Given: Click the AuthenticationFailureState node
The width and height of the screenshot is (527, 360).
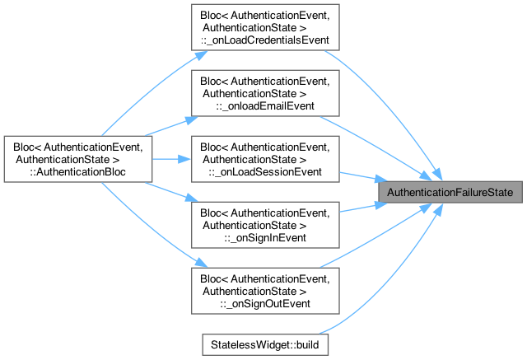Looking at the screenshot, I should (x=450, y=193).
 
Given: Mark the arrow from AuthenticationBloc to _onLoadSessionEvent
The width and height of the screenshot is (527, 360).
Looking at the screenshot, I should (x=170, y=159).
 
